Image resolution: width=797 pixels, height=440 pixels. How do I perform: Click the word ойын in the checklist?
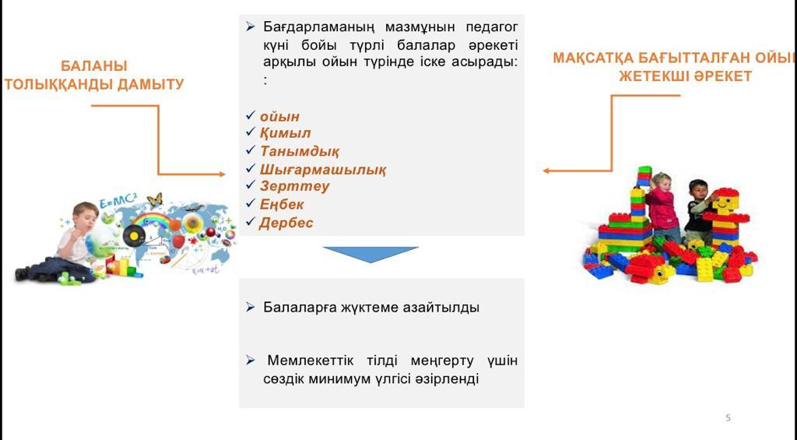279,117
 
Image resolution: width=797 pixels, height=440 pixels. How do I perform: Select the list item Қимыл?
285,133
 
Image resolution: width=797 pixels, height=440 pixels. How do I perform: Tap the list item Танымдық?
300,151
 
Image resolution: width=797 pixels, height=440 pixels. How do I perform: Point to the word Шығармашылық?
323,170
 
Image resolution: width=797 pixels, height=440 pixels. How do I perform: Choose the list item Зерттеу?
294,186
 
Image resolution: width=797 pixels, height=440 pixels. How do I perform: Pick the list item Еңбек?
282,205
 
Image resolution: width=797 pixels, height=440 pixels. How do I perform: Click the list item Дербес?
286,223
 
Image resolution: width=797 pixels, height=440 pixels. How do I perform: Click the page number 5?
728,417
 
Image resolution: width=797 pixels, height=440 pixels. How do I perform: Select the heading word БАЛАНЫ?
94,66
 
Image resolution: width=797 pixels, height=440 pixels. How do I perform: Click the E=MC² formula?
118,202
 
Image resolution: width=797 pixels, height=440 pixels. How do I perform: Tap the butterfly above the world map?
154,199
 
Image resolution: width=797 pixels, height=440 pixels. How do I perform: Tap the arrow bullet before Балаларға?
250,307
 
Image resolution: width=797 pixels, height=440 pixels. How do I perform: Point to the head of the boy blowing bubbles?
86,215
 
